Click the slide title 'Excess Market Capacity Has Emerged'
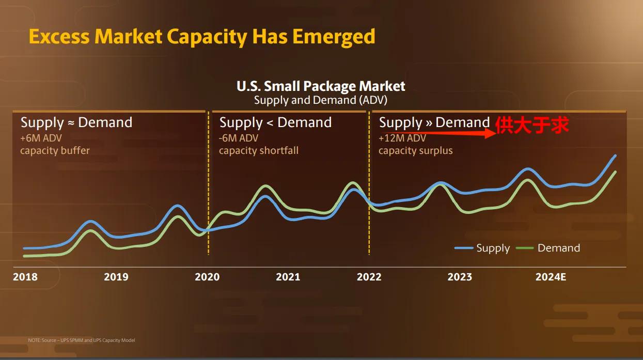point(202,37)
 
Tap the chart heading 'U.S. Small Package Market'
point(321,86)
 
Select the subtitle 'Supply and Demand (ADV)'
point(320,100)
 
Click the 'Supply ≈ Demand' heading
point(76,122)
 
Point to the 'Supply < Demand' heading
point(275,122)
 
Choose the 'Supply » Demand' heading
point(434,122)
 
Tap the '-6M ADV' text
point(239,138)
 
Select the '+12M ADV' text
point(402,138)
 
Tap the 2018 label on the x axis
point(25,277)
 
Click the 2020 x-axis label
point(207,277)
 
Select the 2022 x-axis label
point(369,277)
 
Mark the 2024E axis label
point(551,277)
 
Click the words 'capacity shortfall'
point(259,151)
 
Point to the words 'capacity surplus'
point(415,151)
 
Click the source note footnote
point(82,340)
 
